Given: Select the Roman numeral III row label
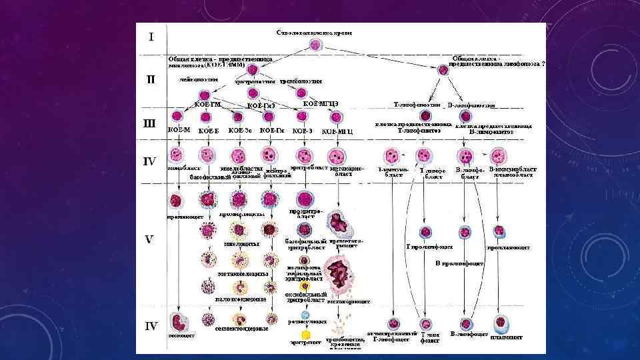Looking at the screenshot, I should pyautogui.click(x=151, y=123).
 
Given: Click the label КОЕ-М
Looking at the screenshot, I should pyautogui.click(x=179, y=131).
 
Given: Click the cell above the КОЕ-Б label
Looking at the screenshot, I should pyautogui.click(x=208, y=117).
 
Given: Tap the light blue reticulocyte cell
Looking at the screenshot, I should pyautogui.click(x=305, y=314).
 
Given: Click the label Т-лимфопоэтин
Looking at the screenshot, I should pyautogui.click(x=417, y=104).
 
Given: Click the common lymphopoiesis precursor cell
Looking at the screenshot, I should pyautogui.click(x=443, y=69).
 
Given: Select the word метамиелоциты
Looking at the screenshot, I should pyautogui.click(x=243, y=274).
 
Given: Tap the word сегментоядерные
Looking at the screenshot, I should pyautogui.click(x=242, y=329).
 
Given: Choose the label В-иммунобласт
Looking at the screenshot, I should pyautogui.click(x=512, y=172).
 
